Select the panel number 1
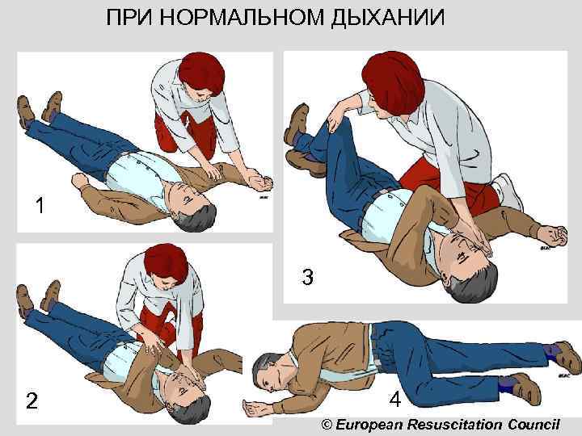coord(40,206)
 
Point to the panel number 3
coord(307,278)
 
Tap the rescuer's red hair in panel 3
coord(388,73)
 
